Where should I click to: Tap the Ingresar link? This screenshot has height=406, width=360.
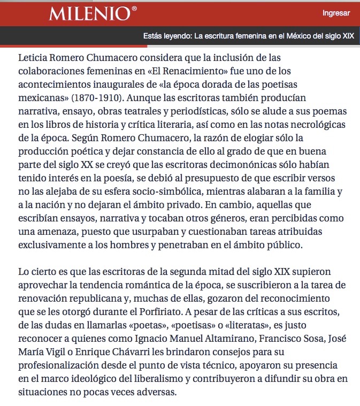336,13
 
